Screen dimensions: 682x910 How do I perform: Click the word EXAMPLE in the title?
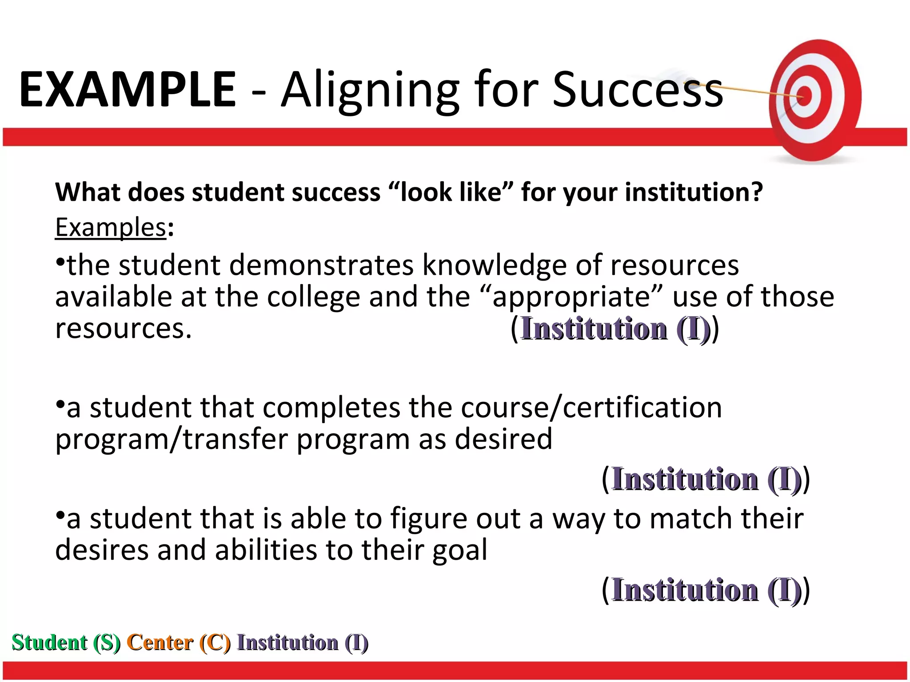[x=128, y=90]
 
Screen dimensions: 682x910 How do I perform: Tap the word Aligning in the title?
[x=370, y=91]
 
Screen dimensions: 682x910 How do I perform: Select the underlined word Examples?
[x=111, y=228]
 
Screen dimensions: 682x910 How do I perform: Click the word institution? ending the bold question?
[x=694, y=193]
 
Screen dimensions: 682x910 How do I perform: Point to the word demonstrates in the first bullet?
[x=321, y=266]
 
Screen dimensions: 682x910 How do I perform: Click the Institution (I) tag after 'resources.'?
[x=615, y=329]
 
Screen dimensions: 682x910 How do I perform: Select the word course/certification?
[x=591, y=408]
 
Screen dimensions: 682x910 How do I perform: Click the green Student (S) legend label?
[x=66, y=642]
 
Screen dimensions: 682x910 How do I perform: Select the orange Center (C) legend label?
[x=179, y=642]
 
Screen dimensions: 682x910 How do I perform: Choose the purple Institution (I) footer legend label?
[x=303, y=642]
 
